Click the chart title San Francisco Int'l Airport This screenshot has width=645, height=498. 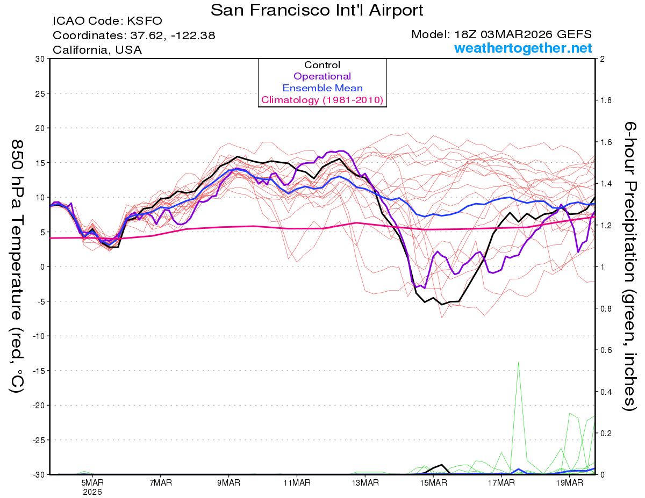coord(317,10)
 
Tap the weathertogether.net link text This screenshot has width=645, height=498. coord(523,48)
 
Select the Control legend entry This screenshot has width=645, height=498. coord(322,65)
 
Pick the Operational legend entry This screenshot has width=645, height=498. coord(322,76)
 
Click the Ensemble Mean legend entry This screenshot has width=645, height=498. coord(322,88)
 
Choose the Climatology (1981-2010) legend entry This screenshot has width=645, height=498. coord(322,100)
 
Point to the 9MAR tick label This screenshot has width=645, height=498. coord(228,483)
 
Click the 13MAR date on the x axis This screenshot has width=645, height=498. coord(364,483)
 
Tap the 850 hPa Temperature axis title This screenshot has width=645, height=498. coord(17,266)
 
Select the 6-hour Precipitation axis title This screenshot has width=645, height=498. coord(629,266)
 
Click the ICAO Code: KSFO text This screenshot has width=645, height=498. coord(107,21)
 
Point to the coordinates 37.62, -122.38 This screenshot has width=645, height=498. coord(134,36)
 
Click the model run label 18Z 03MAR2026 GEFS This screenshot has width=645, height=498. coord(501,34)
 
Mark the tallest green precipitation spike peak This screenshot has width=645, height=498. coord(518,363)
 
